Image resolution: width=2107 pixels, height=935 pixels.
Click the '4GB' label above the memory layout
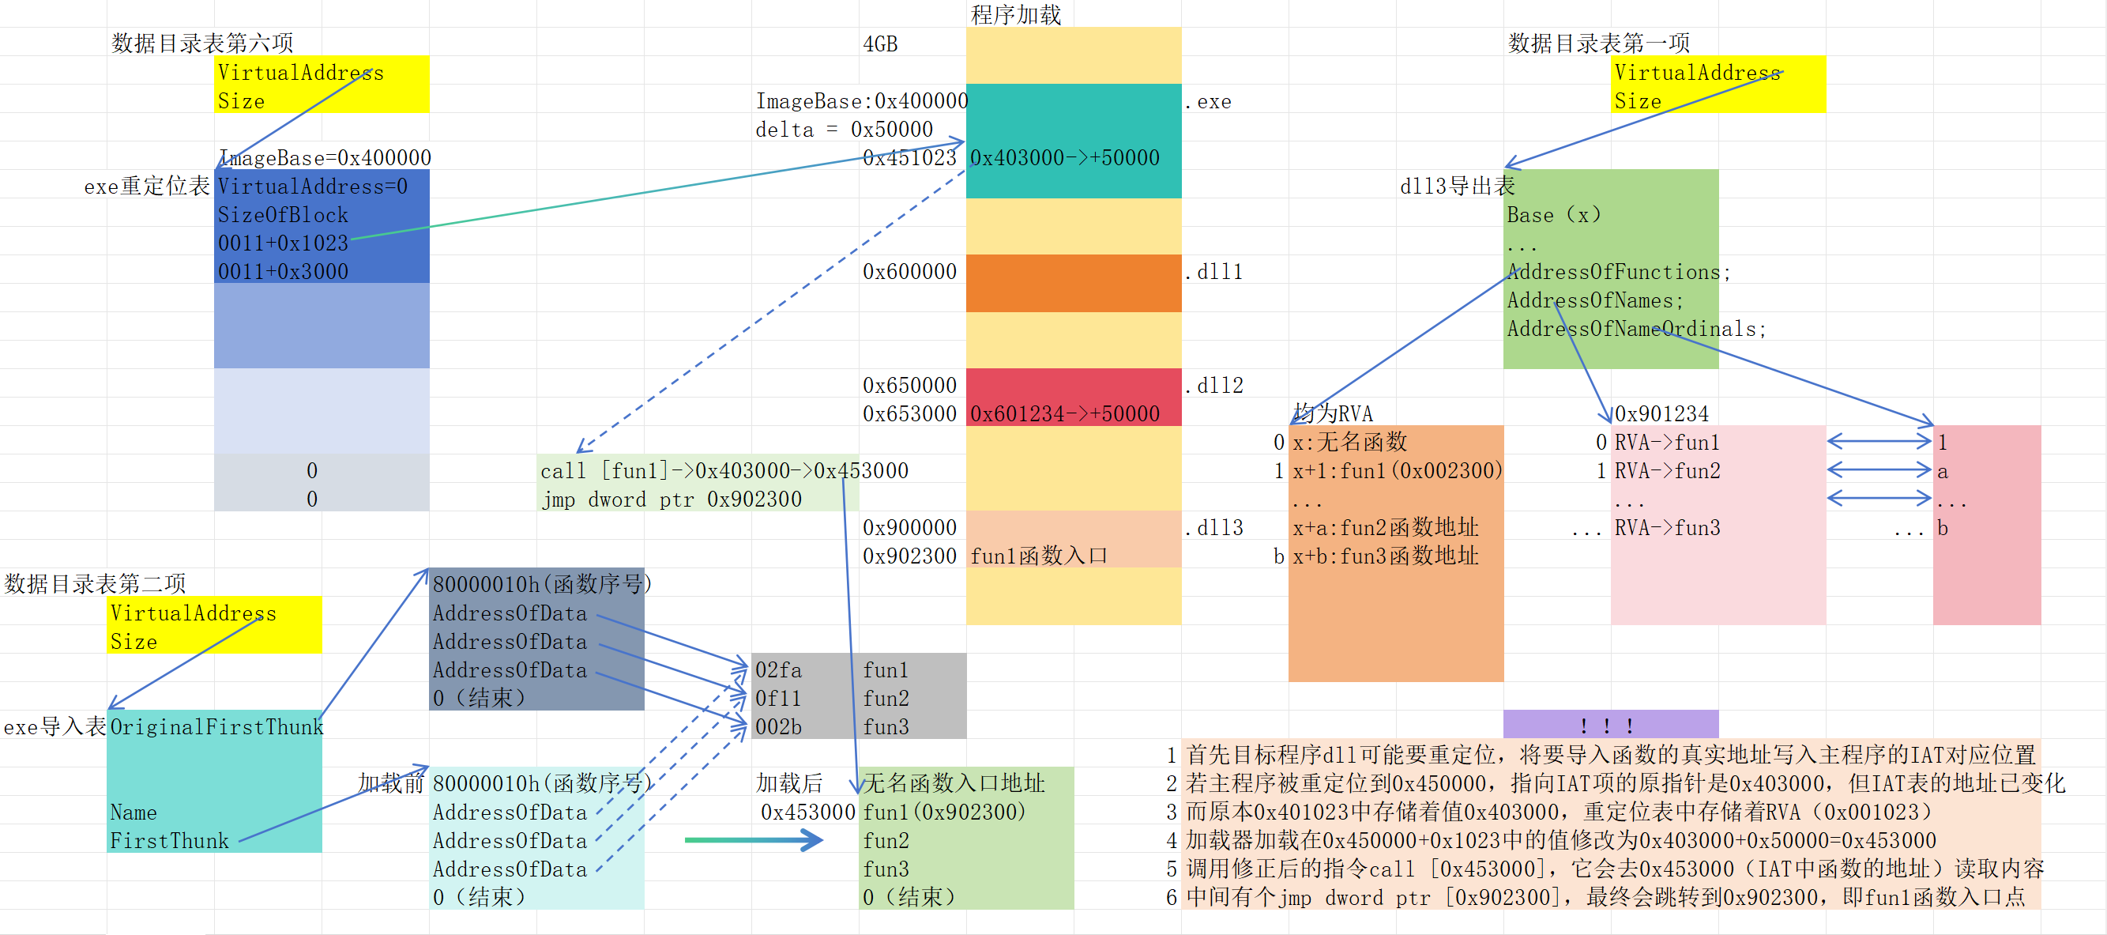click(x=880, y=44)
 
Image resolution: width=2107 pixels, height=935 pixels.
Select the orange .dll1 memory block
click(x=1073, y=283)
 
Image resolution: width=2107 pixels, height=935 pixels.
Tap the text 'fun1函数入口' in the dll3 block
click(x=1038, y=556)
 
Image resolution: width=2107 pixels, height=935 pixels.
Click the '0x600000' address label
click(x=909, y=272)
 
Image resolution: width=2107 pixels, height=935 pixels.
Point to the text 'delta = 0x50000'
click(x=843, y=130)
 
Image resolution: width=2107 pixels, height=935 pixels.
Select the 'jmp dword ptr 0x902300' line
click(x=671, y=499)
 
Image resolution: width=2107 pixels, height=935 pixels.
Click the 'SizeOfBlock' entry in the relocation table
click(x=283, y=215)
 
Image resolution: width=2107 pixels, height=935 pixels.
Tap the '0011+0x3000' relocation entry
click(x=283, y=272)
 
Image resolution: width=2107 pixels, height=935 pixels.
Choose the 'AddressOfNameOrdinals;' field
click(x=1636, y=329)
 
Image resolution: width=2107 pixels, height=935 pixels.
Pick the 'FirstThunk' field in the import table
click(x=169, y=841)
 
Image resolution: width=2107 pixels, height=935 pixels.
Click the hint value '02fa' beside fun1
click(x=778, y=670)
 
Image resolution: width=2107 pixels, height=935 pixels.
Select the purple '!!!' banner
click(x=1610, y=725)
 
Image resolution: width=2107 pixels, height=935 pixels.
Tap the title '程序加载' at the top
click(x=1015, y=15)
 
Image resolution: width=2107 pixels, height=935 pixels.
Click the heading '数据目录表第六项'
click(x=202, y=43)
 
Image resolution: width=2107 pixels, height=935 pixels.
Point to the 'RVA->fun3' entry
click(x=1667, y=528)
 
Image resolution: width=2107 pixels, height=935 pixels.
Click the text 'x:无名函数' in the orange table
click(x=1349, y=443)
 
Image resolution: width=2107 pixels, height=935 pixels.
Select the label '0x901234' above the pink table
click(x=1661, y=414)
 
